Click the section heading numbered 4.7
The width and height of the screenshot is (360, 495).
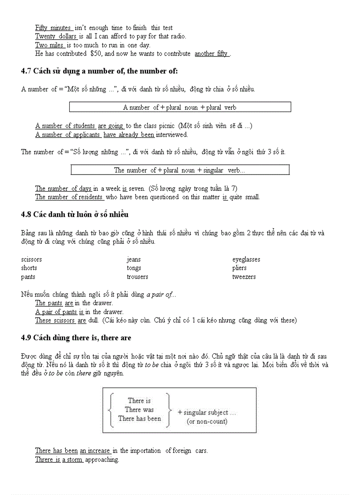[99, 71]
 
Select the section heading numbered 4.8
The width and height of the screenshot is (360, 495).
[75, 215]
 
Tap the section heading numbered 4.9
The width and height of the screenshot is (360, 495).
[76, 338]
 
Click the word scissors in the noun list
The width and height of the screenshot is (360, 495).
[31, 260]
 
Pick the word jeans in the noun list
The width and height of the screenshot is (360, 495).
[134, 260]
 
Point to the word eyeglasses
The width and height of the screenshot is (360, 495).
[246, 260]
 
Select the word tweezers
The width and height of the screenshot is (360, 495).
[244, 277]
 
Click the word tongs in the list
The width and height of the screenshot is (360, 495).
[134, 268]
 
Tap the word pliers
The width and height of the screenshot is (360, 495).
[240, 268]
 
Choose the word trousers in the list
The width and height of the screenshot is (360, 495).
[137, 277]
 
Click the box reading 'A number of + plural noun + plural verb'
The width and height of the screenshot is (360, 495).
[180, 107]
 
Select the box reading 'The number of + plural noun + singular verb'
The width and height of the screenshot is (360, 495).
[180, 170]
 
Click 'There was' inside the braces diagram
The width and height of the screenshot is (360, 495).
[139, 409]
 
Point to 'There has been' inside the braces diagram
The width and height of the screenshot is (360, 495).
[139, 419]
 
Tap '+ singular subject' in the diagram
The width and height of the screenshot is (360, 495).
[206, 413]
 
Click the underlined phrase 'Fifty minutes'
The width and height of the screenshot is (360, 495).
[53, 28]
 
